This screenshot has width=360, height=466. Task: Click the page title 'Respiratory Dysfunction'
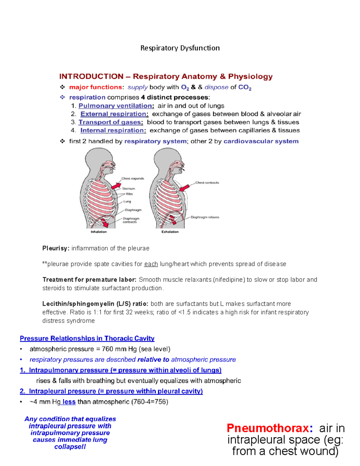pyautogui.click(x=180, y=48)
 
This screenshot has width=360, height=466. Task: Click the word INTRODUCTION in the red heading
pyautogui.click(x=91, y=77)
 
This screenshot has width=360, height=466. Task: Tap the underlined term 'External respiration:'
pyautogui.click(x=114, y=114)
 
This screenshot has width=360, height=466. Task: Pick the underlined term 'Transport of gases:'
pyautogui.click(x=111, y=122)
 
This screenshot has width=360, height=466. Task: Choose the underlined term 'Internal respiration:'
pyautogui.click(x=113, y=131)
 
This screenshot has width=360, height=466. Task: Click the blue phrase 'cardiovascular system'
pyautogui.click(x=261, y=141)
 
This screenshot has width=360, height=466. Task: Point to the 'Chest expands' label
pyautogui.click(x=133, y=179)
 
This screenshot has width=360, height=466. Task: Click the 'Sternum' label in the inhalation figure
pyautogui.click(x=129, y=189)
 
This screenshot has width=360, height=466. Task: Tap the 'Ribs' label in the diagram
pyautogui.click(x=129, y=194)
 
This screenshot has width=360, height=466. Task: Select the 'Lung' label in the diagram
pyautogui.click(x=127, y=202)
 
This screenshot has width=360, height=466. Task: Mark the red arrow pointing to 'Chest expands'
pyautogui.click(x=116, y=185)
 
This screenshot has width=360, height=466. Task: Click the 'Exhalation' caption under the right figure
pyautogui.click(x=170, y=232)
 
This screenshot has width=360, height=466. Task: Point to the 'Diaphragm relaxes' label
pyautogui.click(x=205, y=217)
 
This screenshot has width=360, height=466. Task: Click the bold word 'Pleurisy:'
pyautogui.click(x=56, y=248)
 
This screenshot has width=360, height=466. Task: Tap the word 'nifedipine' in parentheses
pyautogui.click(x=229, y=280)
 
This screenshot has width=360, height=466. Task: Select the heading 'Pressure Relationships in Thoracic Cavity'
pyautogui.click(x=87, y=338)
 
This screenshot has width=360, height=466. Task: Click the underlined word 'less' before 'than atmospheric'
pyautogui.click(x=69, y=402)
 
